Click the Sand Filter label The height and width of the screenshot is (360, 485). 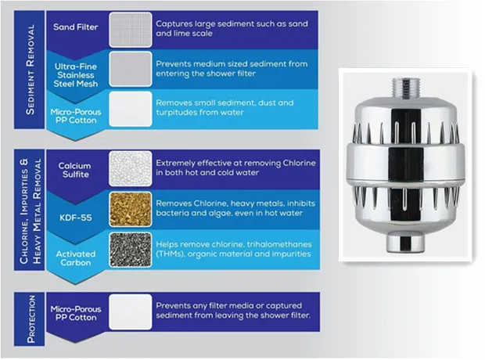pyautogui.click(x=75, y=27)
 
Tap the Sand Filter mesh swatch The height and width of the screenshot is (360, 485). pyautogui.click(x=131, y=30)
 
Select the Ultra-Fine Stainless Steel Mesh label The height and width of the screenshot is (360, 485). pyautogui.click(x=75, y=75)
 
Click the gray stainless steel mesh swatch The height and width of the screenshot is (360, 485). pyautogui.click(x=131, y=69)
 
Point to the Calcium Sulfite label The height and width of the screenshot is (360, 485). pyautogui.click(x=75, y=170)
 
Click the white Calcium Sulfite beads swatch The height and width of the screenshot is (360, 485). pyautogui.click(x=131, y=169)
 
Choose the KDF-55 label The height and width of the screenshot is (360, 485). pyautogui.click(x=76, y=218)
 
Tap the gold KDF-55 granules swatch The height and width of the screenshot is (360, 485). pyautogui.click(x=131, y=209)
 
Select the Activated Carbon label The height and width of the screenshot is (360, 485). pyautogui.click(x=75, y=258)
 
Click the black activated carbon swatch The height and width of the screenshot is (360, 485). pyautogui.click(x=131, y=250)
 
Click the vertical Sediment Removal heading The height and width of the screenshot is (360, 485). pyautogui.click(x=30, y=70)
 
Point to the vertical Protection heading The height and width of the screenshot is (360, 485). pyautogui.click(x=31, y=319)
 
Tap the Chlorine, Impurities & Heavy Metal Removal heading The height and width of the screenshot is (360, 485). pyautogui.click(x=30, y=211)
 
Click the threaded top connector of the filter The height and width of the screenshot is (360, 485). pyautogui.click(x=405, y=88)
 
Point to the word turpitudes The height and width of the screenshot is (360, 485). pyautogui.click(x=174, y=113)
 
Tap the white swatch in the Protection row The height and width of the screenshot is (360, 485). pyautogui.click(x=131, y=311)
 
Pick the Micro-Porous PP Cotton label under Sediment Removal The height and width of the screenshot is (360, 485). pyautogui.click(x=76, y=116)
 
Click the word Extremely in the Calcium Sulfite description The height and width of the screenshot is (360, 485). pyautogui.click(x=175, y=163)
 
